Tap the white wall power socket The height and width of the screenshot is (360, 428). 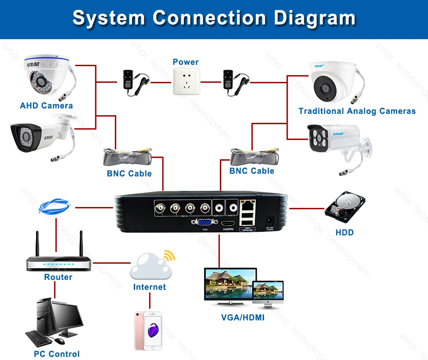pyautogui.click(x=186, y=81)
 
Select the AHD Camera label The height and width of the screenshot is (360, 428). pyautogui.click(x=46, y=106)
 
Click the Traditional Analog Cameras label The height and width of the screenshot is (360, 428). pyautogui.click(x=357, y=111)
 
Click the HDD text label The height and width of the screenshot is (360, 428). pyautogui.click(x=345, y=233)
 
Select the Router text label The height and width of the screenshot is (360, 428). pyautogui.click(x=58, y=277)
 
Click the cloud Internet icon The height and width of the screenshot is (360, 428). pyautogui.click(x=150, y=267)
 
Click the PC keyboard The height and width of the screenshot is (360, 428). pyautogui.click(x=41, y=338)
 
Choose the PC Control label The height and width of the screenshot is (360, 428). pyautogui.click(x=57, y=354)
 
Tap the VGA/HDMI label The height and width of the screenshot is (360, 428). pyautogui.click(x=243, y=318)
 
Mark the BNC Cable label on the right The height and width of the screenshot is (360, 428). pyautogui.click(x=252, y=171)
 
